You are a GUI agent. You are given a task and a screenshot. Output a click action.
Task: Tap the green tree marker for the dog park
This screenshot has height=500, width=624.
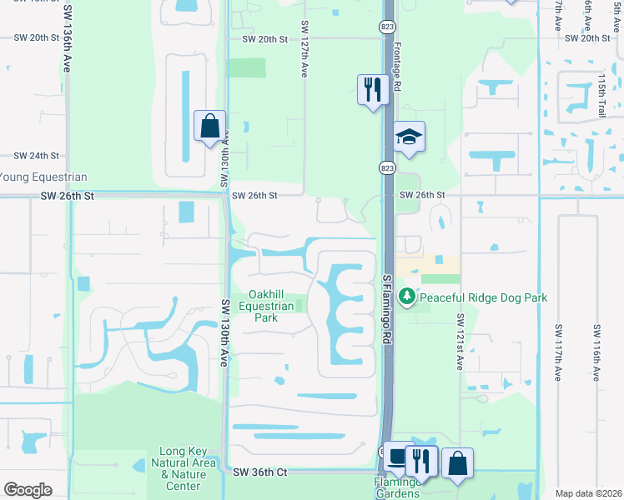click(x=407, y=296)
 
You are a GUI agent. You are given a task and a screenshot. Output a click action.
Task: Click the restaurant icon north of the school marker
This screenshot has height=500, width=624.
click(x=372, y=89)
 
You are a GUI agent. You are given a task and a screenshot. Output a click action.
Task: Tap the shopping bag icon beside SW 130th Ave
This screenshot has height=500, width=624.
click(x=210, y=127)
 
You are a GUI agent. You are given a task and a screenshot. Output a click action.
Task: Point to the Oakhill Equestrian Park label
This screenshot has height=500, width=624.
click(x=265, y=306)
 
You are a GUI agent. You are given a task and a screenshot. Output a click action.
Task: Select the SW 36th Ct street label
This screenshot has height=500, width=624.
click(x=260, y=472)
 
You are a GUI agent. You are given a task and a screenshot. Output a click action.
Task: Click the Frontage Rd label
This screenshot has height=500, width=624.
click(x=397, y=67)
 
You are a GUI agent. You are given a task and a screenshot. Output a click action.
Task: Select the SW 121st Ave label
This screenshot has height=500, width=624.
click(x=460, y=342)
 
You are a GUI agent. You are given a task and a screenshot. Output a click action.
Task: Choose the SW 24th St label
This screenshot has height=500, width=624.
click(x=36, y=156)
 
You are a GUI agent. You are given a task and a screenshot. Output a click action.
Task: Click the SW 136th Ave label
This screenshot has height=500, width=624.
click(x=65, y=41)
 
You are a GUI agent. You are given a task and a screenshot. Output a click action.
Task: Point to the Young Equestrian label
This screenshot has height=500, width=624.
click(x=43, y=177)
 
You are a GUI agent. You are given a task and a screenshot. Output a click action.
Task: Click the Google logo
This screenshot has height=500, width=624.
click(x=28, y=490)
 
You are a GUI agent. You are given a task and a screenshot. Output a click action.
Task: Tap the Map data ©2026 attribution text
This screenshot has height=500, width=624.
click(x=587, y=493)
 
